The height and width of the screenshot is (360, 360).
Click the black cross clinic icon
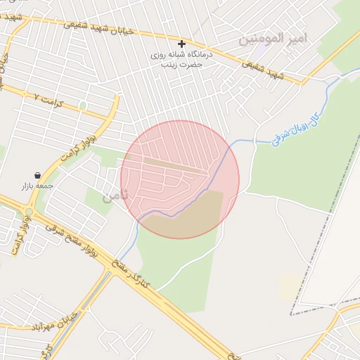point(182,44)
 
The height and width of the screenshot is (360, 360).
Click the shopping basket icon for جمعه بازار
point(37,175)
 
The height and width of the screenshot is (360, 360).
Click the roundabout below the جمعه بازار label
point(30,212)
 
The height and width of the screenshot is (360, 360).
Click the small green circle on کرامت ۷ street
point(83,105)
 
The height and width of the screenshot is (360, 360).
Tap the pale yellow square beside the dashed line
point(290,287)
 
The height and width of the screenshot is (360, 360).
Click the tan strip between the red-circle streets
point(176,165)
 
